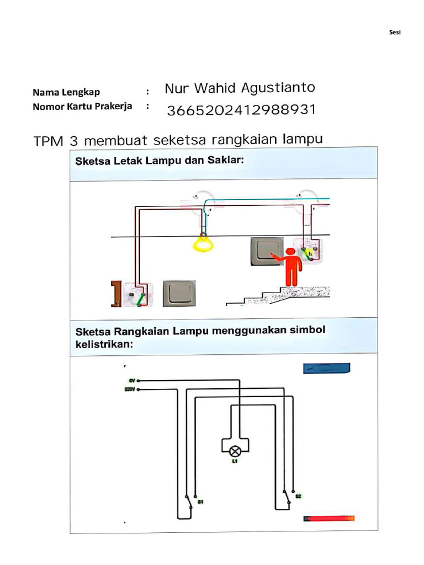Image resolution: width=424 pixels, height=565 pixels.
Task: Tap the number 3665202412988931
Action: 241,110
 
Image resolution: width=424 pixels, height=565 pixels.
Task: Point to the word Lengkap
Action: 81,92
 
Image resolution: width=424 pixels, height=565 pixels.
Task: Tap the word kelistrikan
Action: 104,345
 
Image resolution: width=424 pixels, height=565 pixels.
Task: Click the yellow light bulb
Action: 203,242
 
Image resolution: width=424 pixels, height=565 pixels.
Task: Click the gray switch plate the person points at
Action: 267,250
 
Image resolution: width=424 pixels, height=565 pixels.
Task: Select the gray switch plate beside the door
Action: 179,293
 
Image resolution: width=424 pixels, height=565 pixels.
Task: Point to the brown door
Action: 116,293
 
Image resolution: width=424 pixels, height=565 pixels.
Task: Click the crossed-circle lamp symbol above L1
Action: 234,451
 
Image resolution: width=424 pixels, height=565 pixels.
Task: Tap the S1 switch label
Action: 200,502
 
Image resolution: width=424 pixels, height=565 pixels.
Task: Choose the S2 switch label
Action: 298,496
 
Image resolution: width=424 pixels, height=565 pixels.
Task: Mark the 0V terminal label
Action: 132,380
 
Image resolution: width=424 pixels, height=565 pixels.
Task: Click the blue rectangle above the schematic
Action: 327,369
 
